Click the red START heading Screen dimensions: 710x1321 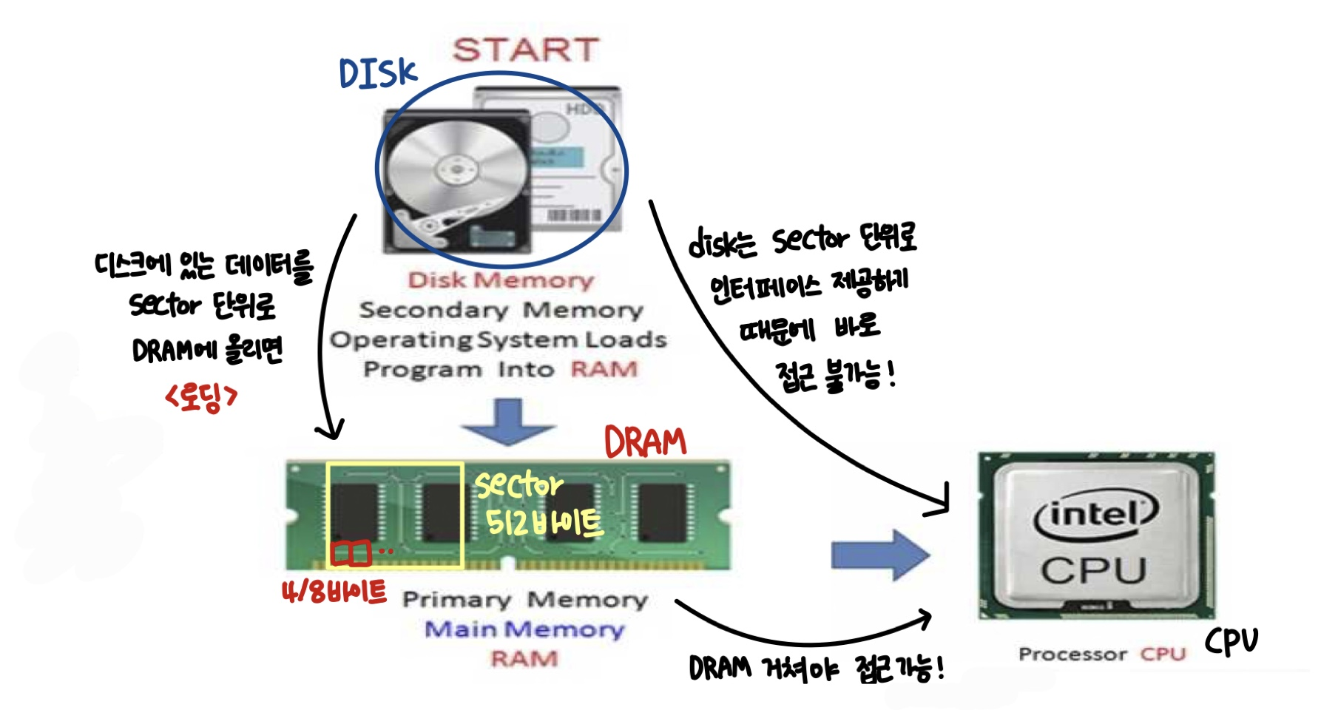pos(525,50)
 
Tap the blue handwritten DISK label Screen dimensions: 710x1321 pos(378,73)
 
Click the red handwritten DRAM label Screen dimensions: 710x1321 pos(645,442)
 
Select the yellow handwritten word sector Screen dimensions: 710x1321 pos(518,484)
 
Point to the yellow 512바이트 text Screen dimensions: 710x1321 pos(544,523)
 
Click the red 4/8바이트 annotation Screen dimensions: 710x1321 pos(334,592)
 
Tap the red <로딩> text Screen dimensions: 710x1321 pos(201,397)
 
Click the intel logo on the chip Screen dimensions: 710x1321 pos(1095,515)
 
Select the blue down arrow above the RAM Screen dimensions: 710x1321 pos(508,422)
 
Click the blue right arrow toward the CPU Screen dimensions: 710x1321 pos(879,555)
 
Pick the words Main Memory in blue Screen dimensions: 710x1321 pos(524,629)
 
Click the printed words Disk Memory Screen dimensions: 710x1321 pos(501,280)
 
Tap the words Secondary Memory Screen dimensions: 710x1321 pos(501,310)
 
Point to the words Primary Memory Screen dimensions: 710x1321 pos(524,600)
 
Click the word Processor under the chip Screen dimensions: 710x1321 pos(1072,655)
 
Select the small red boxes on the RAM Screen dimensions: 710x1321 pos(350,553)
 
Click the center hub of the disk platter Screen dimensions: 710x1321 pos(456,169)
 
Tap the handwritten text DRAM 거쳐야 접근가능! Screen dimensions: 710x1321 pos(816,669)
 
